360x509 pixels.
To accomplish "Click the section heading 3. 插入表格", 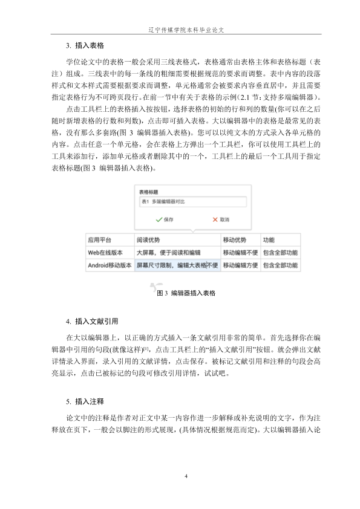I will click(x=87, y=46).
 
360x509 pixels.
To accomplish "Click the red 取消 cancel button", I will click(x=221, y=219).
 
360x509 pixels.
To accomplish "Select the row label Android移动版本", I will click(x=109, y=265).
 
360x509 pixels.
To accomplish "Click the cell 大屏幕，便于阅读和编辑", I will click(x=168, y=252).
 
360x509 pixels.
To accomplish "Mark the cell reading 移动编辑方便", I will click(x=240, y=265).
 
